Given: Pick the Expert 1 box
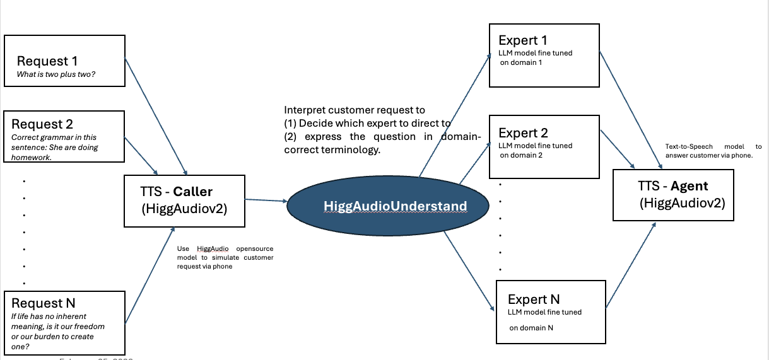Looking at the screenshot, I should tap(544, 55).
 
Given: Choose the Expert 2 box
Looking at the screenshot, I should tap(544, 147).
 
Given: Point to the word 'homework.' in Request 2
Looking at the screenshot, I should tap(30, 158).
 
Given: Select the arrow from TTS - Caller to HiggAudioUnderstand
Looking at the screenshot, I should tap(266, 200).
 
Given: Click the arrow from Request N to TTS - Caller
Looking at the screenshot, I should tap(150, 277).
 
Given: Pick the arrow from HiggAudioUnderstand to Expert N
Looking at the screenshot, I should tap(468, 271).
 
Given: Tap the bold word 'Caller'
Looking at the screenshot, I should tap(193, 191).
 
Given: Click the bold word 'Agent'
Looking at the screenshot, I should tap(690, 186).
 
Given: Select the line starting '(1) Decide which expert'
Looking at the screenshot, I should tap(367, 123).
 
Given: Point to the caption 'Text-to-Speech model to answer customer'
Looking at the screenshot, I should tap(713, 151).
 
